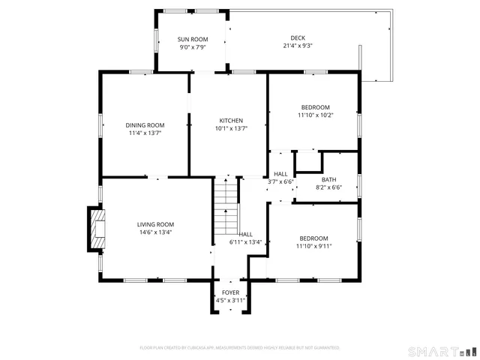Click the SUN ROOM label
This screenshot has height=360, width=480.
192,39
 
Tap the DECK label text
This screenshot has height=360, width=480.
298,38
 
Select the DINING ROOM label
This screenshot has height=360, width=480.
145,124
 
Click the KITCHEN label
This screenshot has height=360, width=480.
231,121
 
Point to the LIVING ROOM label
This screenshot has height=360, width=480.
155,224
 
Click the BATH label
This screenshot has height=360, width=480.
328,179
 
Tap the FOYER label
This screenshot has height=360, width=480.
230,292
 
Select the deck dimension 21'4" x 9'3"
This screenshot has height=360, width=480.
298,46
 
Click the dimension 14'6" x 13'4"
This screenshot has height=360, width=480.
155,232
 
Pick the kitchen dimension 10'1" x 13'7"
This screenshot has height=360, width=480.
231,129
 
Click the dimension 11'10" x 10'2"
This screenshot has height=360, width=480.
315,115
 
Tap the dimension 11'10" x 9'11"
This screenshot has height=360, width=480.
313,245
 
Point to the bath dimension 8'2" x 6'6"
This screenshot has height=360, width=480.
328,187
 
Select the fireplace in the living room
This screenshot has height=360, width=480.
96,229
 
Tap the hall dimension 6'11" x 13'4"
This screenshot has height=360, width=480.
245,242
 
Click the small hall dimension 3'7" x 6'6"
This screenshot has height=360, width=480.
280,181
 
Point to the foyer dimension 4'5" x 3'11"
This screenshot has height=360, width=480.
230,300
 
